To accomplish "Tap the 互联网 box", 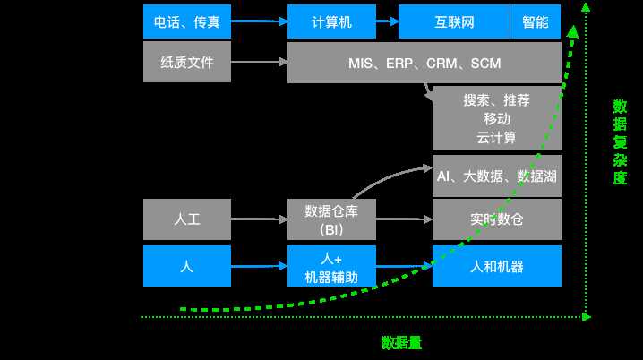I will point(453,21).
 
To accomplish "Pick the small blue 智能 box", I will point(536,21).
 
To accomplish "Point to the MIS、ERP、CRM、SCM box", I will point(424,63).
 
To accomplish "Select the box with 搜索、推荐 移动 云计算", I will point(496,119).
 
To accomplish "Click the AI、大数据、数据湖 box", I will point(496,176).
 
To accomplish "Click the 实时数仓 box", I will point(496,218).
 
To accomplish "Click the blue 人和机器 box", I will point(496,266).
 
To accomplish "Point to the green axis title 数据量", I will point(401,342).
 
